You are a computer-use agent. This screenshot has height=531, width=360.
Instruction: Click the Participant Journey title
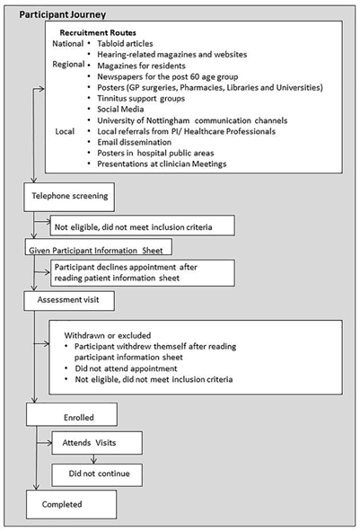pyautogui.click(x=62, y=14)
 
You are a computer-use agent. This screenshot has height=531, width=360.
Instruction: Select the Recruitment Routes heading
pyautogui.click(x=98, y=33)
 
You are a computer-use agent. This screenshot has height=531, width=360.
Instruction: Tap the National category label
pyautogui.click(x=67, y=44)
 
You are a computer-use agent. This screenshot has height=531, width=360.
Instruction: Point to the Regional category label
pyautogui.click(x=68, y=65)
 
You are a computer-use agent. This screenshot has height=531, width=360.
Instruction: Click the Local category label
pyautogui.click(x=65, y=131)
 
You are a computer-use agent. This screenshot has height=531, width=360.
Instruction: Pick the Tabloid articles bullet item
pyautogui.click(x=125, y=44)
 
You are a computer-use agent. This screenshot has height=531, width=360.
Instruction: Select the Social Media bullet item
pyautogui.click(x=120, y=109)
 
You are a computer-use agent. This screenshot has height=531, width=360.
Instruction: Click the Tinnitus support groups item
pyautogui.click(x=141, y=99)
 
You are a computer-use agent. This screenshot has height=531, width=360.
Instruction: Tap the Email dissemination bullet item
pyautogui.click(x=135, y=142)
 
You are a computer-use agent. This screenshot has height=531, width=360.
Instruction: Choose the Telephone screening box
pyautogui.click(x=69, y=197)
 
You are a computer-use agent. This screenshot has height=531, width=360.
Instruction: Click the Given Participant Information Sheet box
pyautogui.click(x=98, y=247)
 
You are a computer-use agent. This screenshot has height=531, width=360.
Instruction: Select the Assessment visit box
pyautogui.click(x=69, y=301)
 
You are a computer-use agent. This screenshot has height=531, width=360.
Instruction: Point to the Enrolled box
pyautogui.click(x=72, y=414)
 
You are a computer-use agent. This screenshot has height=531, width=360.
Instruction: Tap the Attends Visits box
pyautogui.click(x=97, y=443)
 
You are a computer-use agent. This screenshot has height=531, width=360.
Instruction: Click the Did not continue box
pyautogui.click(x=97, y=475)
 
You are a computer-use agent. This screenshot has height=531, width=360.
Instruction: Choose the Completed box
pyautogui.click(x=72, y=504)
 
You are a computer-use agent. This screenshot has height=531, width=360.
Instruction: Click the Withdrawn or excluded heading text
pyautogui.click(x=108, y=336)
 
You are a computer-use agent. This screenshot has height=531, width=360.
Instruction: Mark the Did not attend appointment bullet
pyautogui.click(x=126, y=368)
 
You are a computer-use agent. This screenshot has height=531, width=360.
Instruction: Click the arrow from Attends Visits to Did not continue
pyautogui.click(x=94, y=459)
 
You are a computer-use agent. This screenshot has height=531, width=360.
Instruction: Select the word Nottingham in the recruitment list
pyautogui.click(x=162, y=120)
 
